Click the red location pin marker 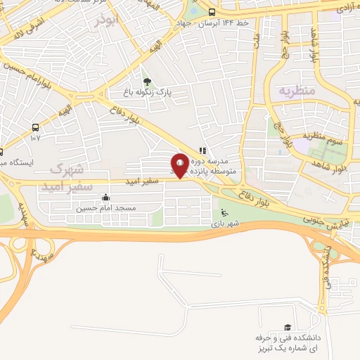click(179, 165)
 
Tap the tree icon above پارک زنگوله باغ click(146, 81)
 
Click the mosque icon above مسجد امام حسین click(105, 198)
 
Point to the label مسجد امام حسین click(105, 207)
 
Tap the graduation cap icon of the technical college click(287, 328)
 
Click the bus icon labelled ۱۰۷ click(35, 127)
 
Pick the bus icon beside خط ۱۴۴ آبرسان click(212, 12)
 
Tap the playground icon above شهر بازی click(224, 214)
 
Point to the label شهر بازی click(224, 224)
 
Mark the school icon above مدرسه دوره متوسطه click(203, 150)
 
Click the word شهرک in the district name click(67, 169)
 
